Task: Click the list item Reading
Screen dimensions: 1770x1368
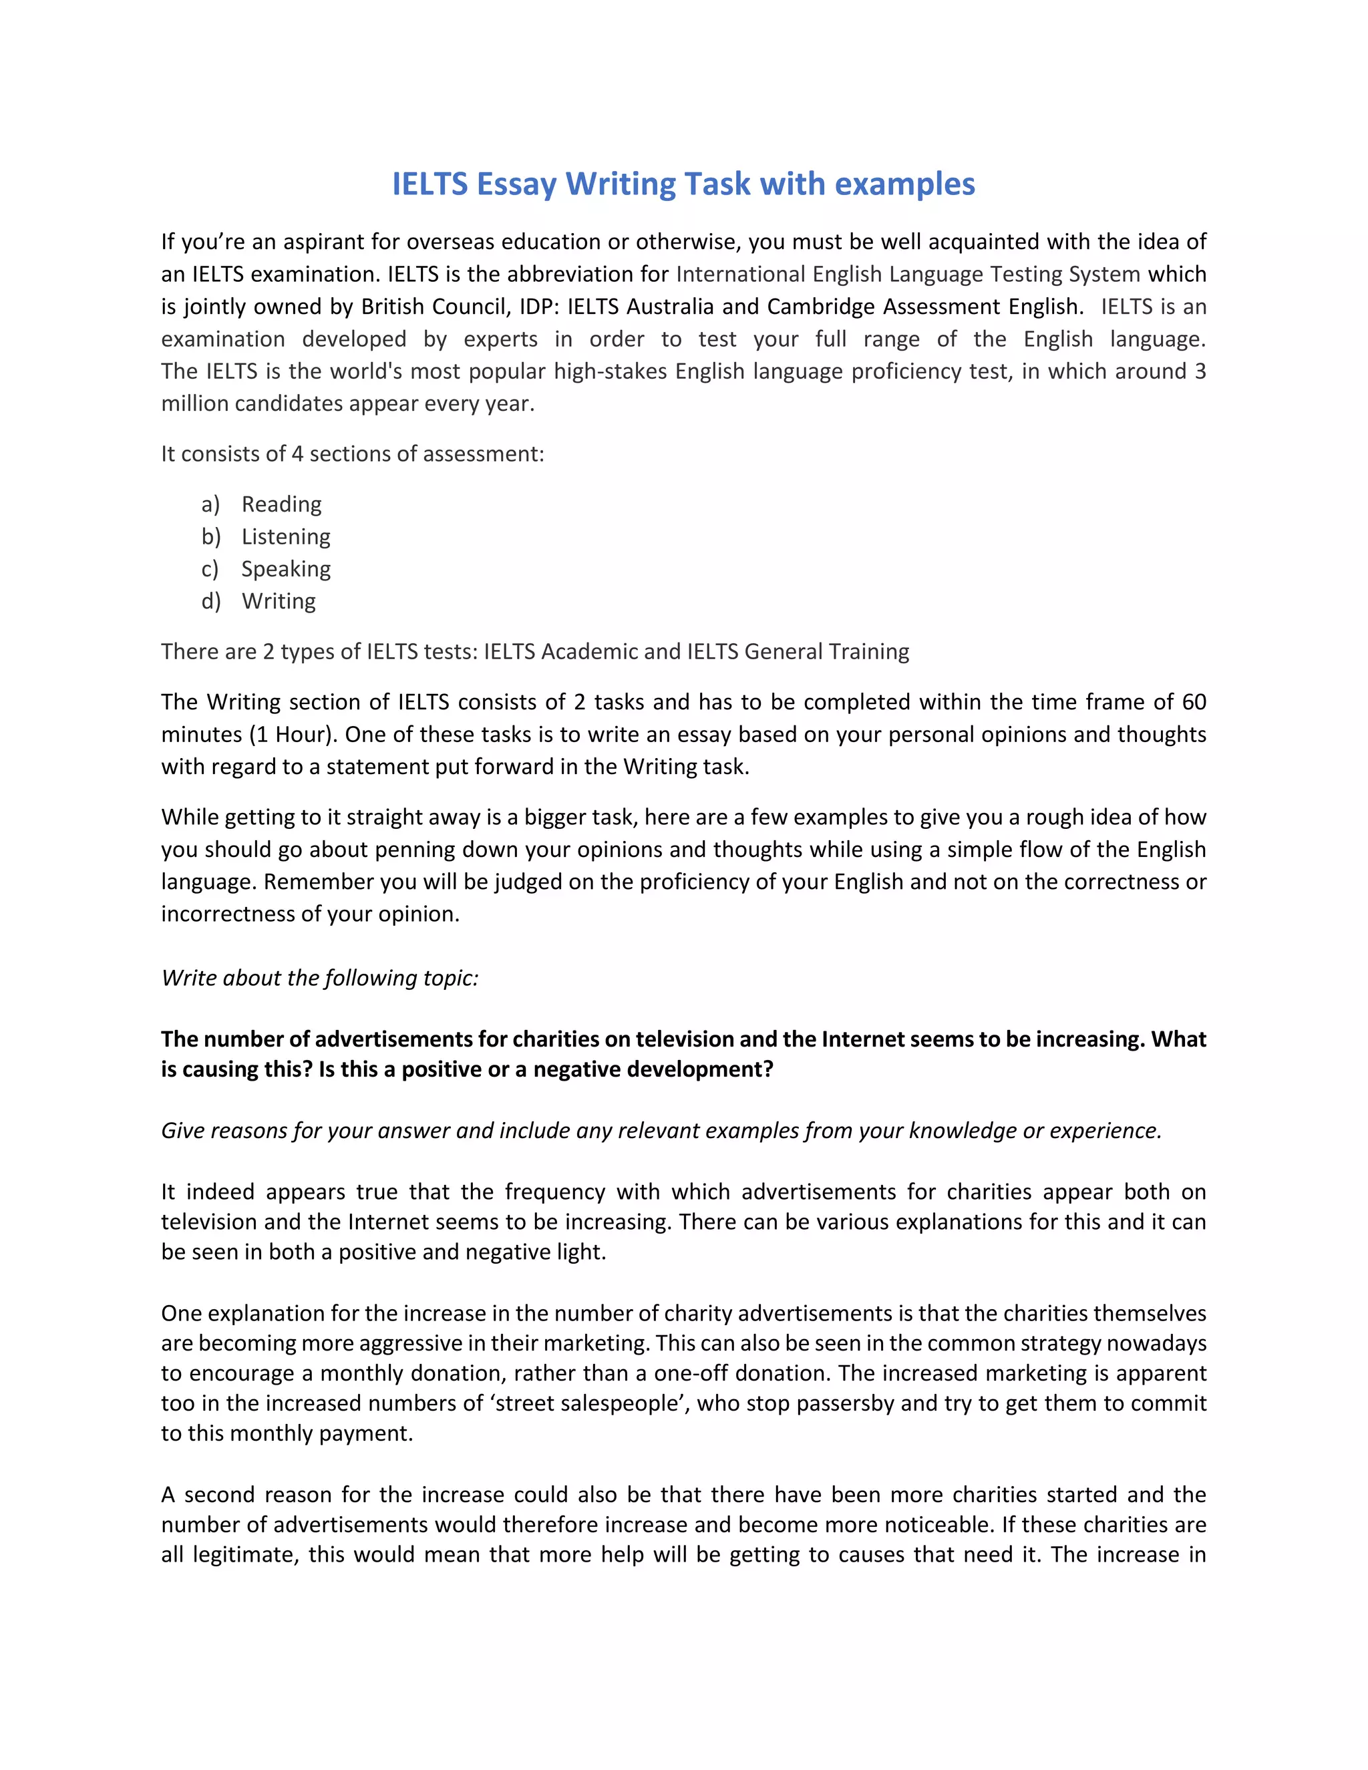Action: [281, 504]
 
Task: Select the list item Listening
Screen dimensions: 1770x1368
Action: [285, 536]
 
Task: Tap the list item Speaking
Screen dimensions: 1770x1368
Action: [285, 569]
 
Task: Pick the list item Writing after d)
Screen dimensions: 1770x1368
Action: [278, 601]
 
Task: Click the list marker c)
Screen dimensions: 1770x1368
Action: [210, 569]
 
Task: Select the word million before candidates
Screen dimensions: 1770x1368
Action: [194, 403]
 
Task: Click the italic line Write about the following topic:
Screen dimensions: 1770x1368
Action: [319, 979]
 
